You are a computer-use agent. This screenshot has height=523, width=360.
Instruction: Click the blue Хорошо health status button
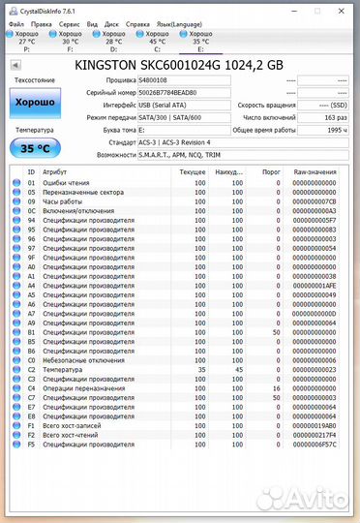[x=35, y=102]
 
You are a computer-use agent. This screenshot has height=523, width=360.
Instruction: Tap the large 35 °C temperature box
[x=35, y=148]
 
